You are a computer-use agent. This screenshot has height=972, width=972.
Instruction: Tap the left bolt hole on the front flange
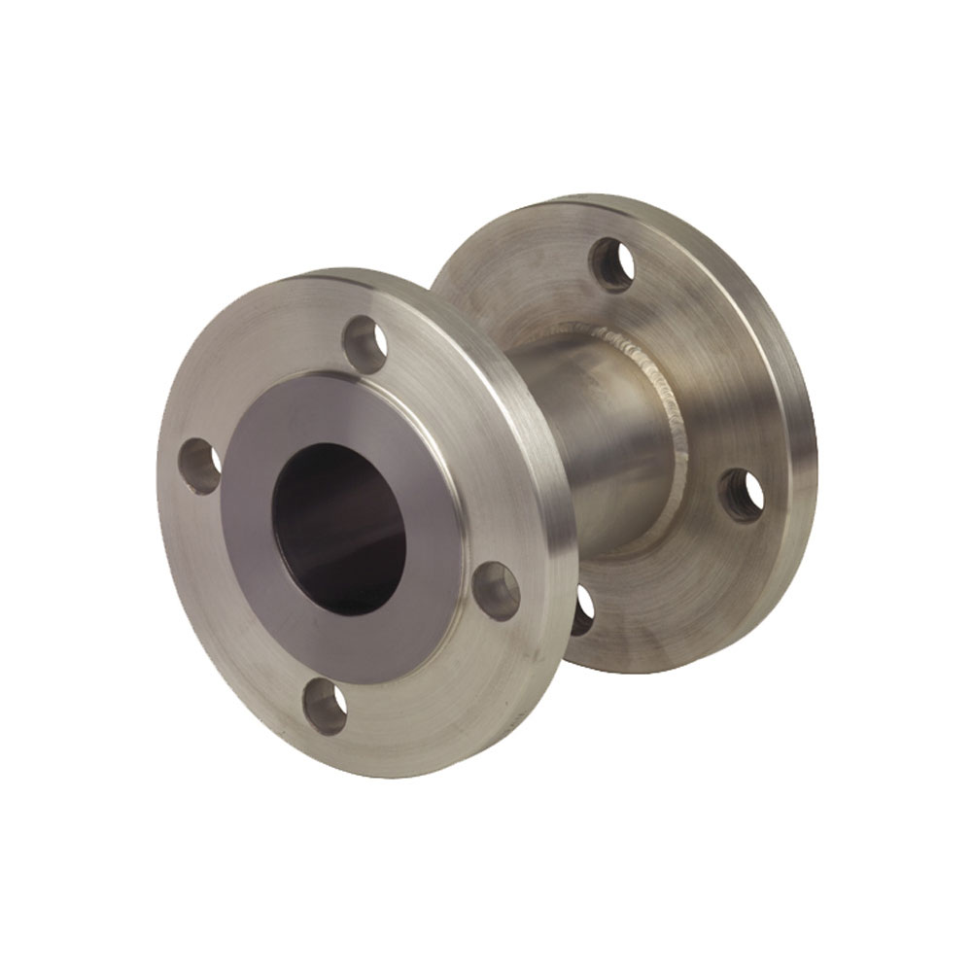pyautogui.click(x=200, y=466)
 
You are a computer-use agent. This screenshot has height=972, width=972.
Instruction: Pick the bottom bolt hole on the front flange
pyautogui.click(x=325, y=707)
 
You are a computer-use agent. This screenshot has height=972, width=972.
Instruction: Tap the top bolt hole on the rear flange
pyautogui.click(x=612, y=263)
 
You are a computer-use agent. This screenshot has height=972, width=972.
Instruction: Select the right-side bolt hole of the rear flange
pyautogui.click(x=742, y=495)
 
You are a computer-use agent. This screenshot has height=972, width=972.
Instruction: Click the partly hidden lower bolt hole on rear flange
pyautogui.click(x=582, y=610)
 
